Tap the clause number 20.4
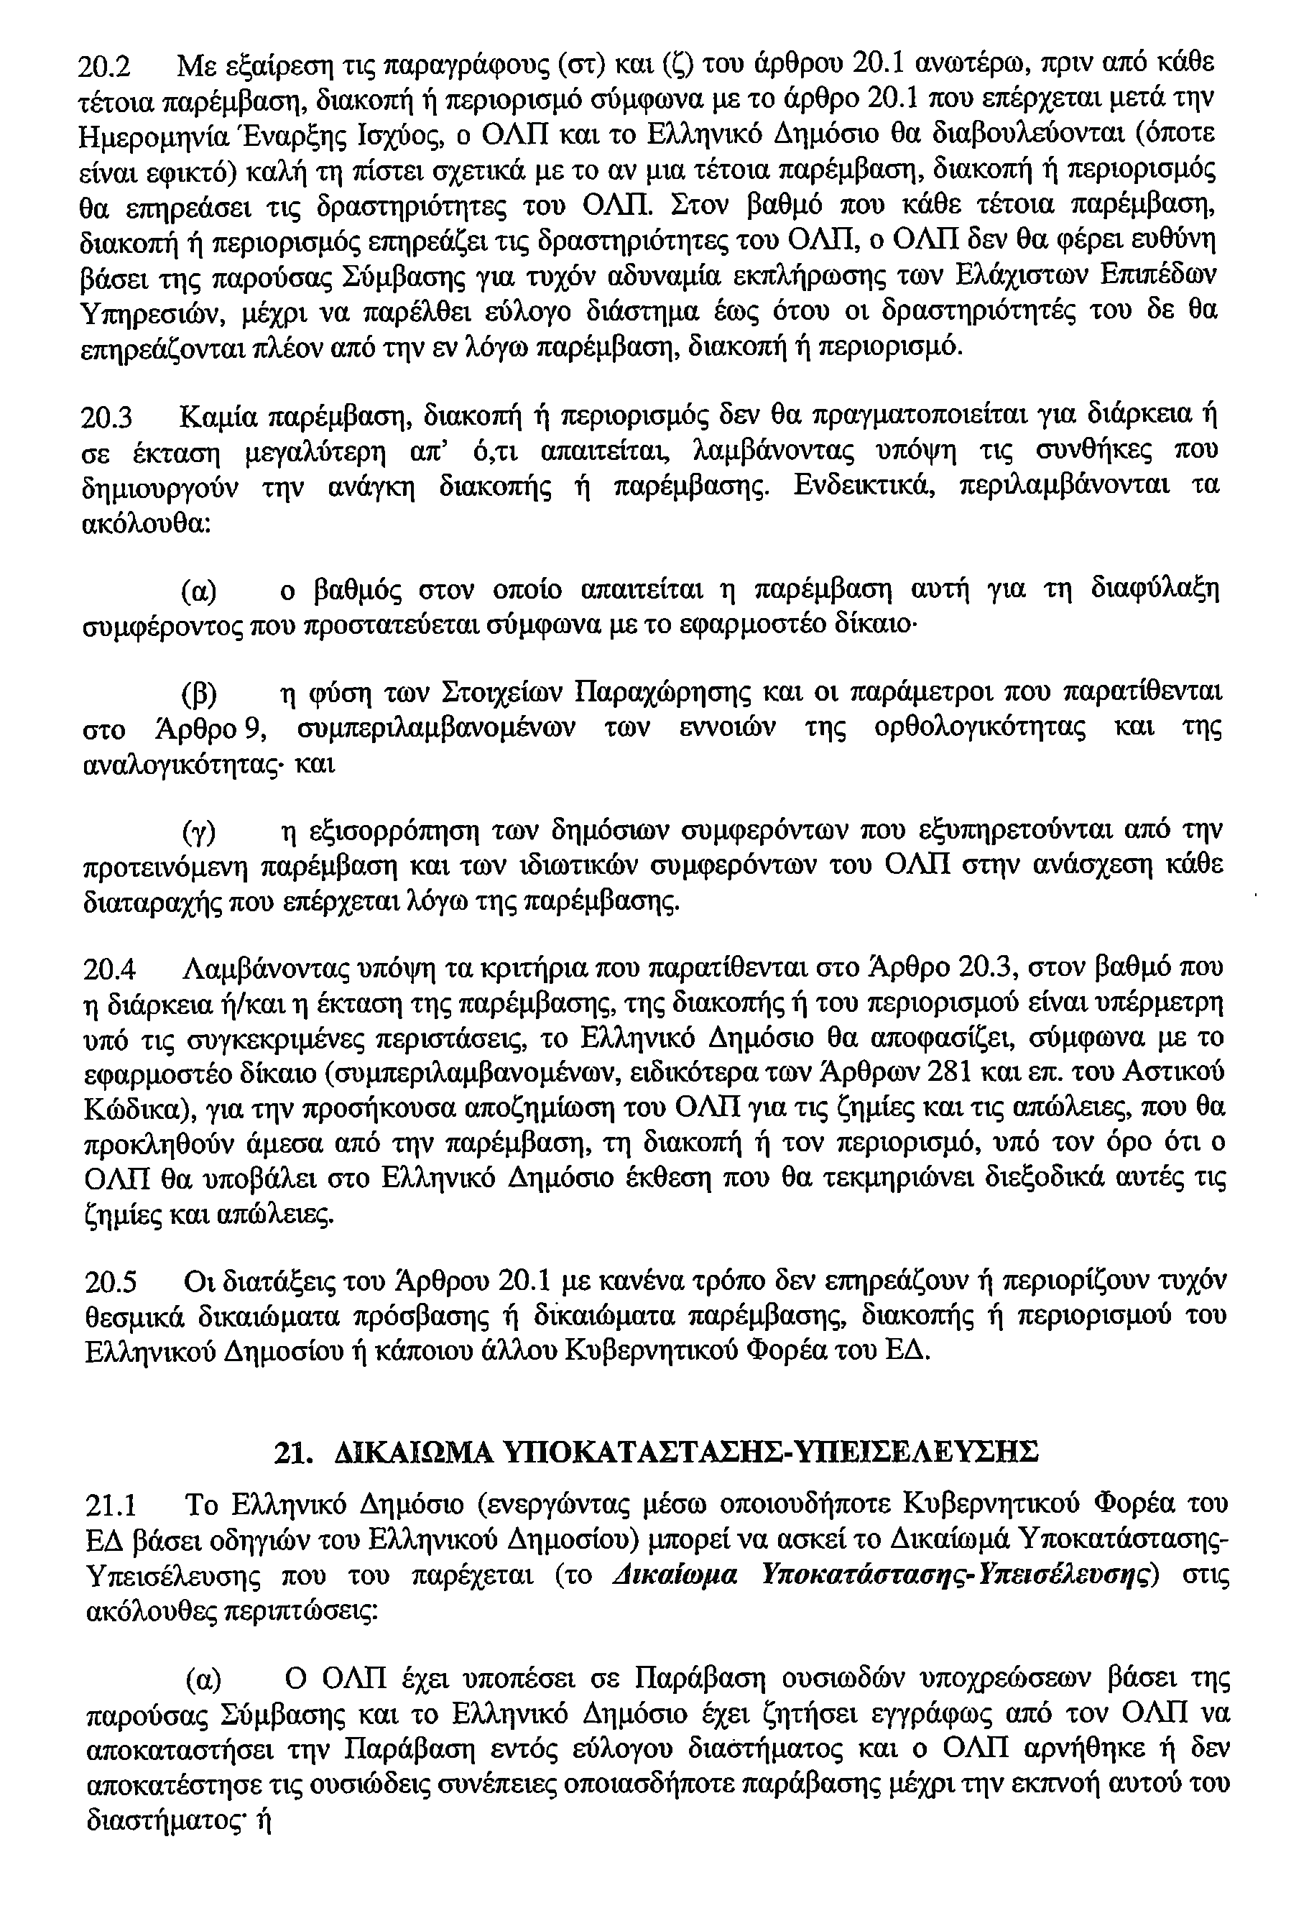pos(108,968)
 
